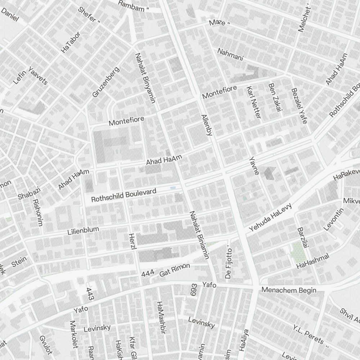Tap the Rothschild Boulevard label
click(123, 195)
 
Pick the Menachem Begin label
click(289, 290)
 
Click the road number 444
click(148, 274)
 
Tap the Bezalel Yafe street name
click(299, 106)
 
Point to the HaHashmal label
click(313, 261)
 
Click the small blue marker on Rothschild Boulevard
click(173, 188)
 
